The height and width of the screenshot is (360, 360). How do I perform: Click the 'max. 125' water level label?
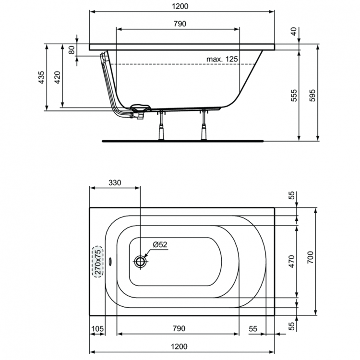pos(222,59)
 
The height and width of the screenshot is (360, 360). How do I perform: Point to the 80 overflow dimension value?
pos(72,49)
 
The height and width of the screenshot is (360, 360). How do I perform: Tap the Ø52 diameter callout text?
pos(160,245)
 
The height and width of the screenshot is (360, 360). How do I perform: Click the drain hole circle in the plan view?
pos(140,262)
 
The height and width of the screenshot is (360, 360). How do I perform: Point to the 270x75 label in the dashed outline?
pos(98,262)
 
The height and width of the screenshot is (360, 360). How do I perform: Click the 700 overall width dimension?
pos(310,262)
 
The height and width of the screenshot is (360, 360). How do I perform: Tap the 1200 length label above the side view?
pos(181,6)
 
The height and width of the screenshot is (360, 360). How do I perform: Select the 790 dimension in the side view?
pos(178,24)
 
